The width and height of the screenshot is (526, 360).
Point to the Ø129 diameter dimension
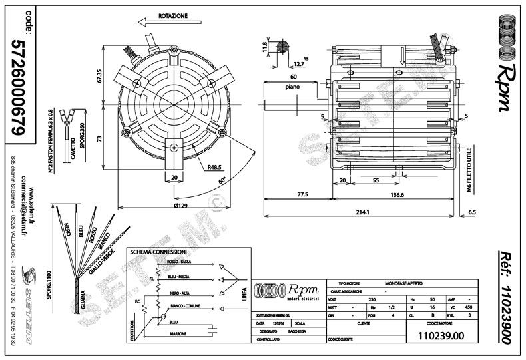171,206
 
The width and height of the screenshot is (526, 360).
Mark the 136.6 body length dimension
397,196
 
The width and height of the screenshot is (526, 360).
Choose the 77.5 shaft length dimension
302,196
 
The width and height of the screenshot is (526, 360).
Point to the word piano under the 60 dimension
291,87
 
